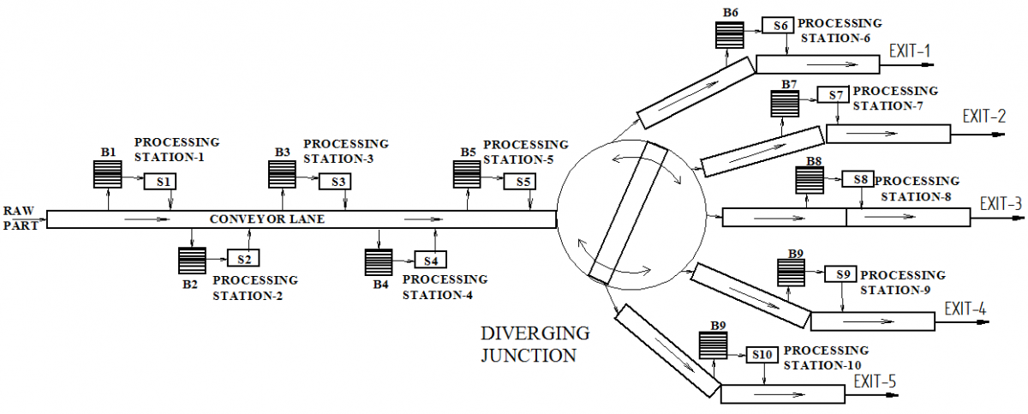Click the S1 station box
point(160,182)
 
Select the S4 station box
point(430,260)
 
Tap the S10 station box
point(762,355)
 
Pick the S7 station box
point(833,95)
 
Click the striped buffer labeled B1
point(107,174)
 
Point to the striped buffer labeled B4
point(379,262)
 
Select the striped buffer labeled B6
point(730,34)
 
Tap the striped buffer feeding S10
point(713,345)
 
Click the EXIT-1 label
point(910,51)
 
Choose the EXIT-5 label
point(875,381)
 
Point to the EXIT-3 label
point(1001,203)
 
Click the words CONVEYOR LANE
point(267,219)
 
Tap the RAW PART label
point(19,218)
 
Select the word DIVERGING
point(535,333)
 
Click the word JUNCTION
point(529,355)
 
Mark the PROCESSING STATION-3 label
point(346,151)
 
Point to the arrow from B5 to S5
point(493,178)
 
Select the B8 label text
point(814,161)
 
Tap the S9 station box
point(840,274)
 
